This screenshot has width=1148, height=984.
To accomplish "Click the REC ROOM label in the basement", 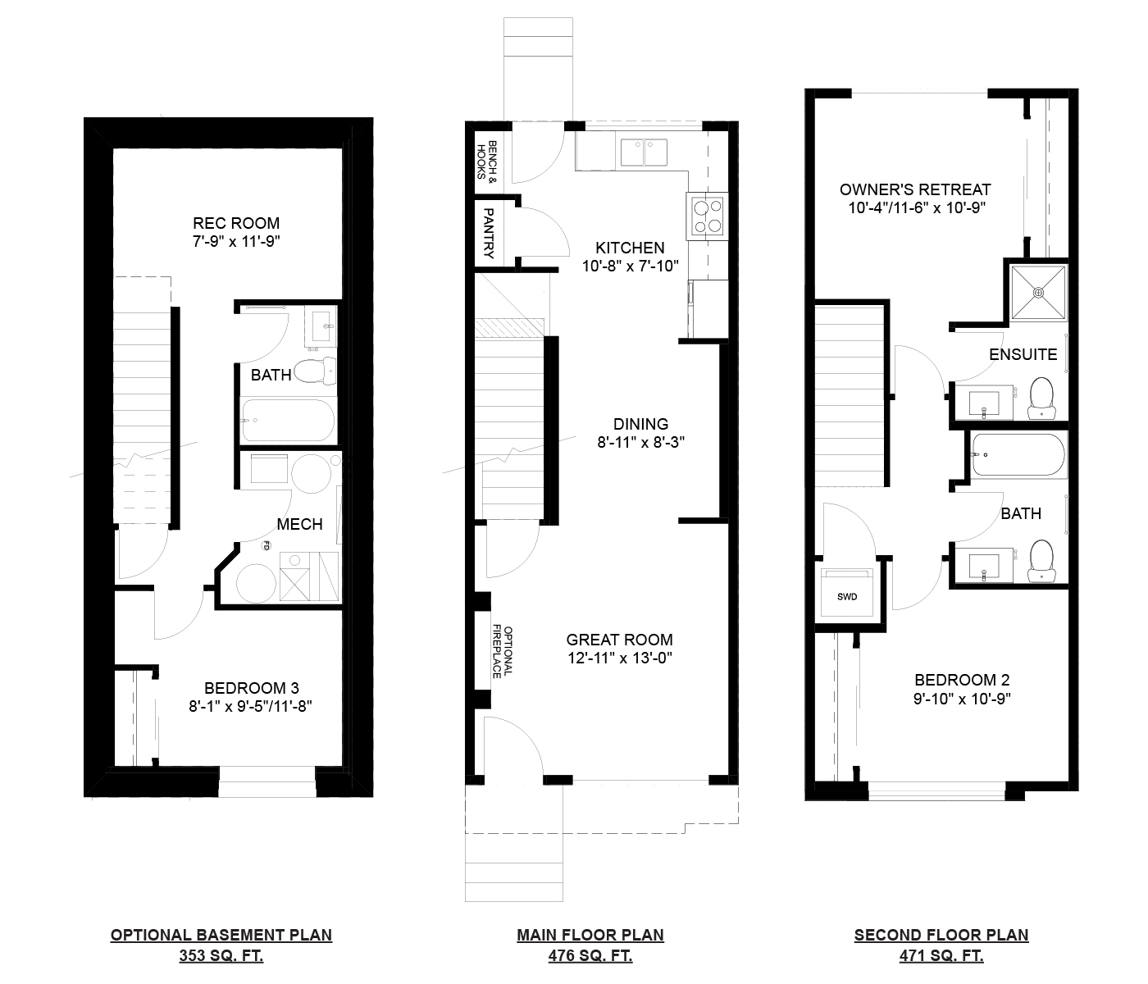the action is tap(236, 223).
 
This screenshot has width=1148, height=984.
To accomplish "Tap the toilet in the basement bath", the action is tap(315, 371).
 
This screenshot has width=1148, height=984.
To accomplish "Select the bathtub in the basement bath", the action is tap(289, 421).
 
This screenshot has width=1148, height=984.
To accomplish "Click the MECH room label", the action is tap(299, 524).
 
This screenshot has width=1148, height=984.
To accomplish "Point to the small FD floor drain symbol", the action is tap(266, 546).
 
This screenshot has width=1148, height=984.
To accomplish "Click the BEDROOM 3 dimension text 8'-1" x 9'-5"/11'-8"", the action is tap(250, 706).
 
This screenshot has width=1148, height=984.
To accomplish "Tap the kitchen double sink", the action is tap(644, 153).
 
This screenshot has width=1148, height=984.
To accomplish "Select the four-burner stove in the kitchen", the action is tap(708, 216).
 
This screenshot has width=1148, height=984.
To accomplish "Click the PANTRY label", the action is tap(489, 233).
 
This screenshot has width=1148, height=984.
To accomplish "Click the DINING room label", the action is tap(640, 424).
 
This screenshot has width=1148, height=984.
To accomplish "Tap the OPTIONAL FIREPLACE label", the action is tap(502, 652).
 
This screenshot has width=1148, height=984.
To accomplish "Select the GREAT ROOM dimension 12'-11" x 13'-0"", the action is tap(620, 658).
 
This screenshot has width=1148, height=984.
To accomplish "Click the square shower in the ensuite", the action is tap(1039, 293).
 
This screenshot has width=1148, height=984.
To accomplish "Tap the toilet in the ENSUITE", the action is tap(1041, 398).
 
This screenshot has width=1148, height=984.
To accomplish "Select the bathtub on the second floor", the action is tap(1018, 455).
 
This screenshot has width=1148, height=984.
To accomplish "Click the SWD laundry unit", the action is tap(846, 593).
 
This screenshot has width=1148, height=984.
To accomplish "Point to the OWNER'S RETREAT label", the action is tap(915, 190).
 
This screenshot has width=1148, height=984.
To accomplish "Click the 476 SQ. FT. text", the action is tap(590, 955).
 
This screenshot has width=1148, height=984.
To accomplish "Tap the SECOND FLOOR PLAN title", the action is tap(941, 935).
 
